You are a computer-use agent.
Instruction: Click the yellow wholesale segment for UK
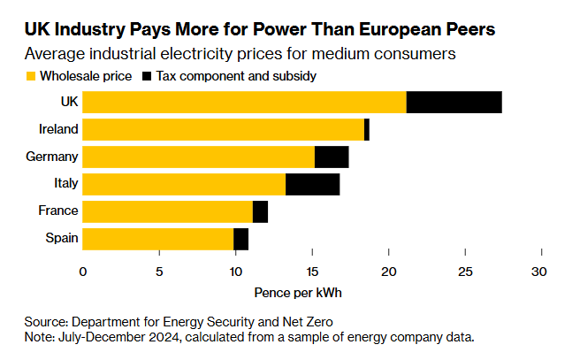click(245, 102)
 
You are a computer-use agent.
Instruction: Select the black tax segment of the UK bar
click(454, 102)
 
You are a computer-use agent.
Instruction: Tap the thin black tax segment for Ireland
click(367, 129)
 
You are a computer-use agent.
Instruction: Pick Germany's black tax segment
click(332, 157)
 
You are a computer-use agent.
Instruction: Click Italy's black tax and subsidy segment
click(313, 184)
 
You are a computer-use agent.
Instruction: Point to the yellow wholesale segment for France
click(168, 211)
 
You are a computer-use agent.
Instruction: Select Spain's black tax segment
click(241, 239)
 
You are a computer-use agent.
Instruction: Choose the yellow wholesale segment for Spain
click(158, 239)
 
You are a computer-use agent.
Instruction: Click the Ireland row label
click(58, 129)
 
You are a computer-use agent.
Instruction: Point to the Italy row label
click(66, 184)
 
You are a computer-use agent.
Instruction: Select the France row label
click(58, 211)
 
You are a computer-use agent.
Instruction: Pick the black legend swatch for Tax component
click(147, 77)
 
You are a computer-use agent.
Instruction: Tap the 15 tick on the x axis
click(312, 272)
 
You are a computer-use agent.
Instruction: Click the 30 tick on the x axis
click(541, 272)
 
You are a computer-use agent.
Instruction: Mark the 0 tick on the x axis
click(83, 272)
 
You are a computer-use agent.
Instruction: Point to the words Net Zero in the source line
click(309, 321)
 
